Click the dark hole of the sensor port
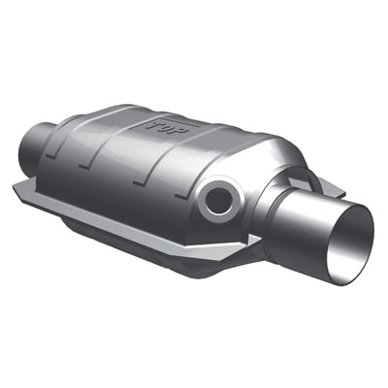(x=218, y=201)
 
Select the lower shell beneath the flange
(x=145, y=238)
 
